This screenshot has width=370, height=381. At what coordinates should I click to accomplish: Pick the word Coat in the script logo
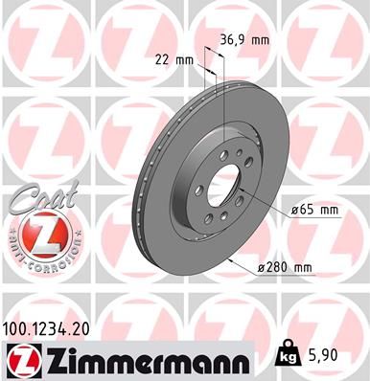tap(38, 198)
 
